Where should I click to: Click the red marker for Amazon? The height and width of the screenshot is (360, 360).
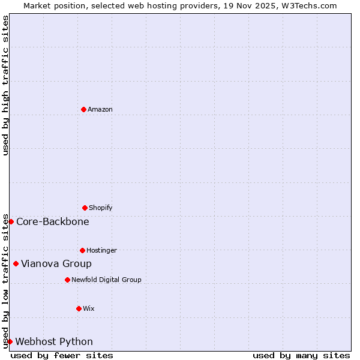coord(83,109)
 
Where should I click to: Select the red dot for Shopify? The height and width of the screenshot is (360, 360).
coord(85,208)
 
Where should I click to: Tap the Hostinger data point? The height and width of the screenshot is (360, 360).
coord(82,250)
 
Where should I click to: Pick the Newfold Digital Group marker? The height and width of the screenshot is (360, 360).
coord(67,280)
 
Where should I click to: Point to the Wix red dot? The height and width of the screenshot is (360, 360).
coord(79,308)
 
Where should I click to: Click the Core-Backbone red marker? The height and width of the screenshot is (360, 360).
coord(11,221)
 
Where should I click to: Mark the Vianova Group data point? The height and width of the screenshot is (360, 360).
coord(16,263)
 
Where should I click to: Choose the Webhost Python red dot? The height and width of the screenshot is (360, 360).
coord(10,341)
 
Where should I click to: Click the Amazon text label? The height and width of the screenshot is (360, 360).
coord(100,110)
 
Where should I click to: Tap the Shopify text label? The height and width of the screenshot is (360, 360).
coord(101,208)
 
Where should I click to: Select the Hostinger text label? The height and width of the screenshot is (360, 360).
coord(101,251)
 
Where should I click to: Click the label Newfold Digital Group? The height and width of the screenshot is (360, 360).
coord(106,280)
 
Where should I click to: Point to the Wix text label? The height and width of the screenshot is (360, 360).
coord(89,309)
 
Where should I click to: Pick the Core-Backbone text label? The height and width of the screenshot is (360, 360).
coord(53,222)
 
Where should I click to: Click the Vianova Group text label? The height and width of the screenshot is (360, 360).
coord(56,264)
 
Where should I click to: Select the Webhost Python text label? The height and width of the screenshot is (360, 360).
coord(54,342)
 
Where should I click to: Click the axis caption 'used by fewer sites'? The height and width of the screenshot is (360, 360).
coord(62,355)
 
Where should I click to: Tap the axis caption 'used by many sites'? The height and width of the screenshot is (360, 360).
coord(301,355)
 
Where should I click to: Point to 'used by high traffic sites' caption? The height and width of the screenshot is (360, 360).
coord(5,85)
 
